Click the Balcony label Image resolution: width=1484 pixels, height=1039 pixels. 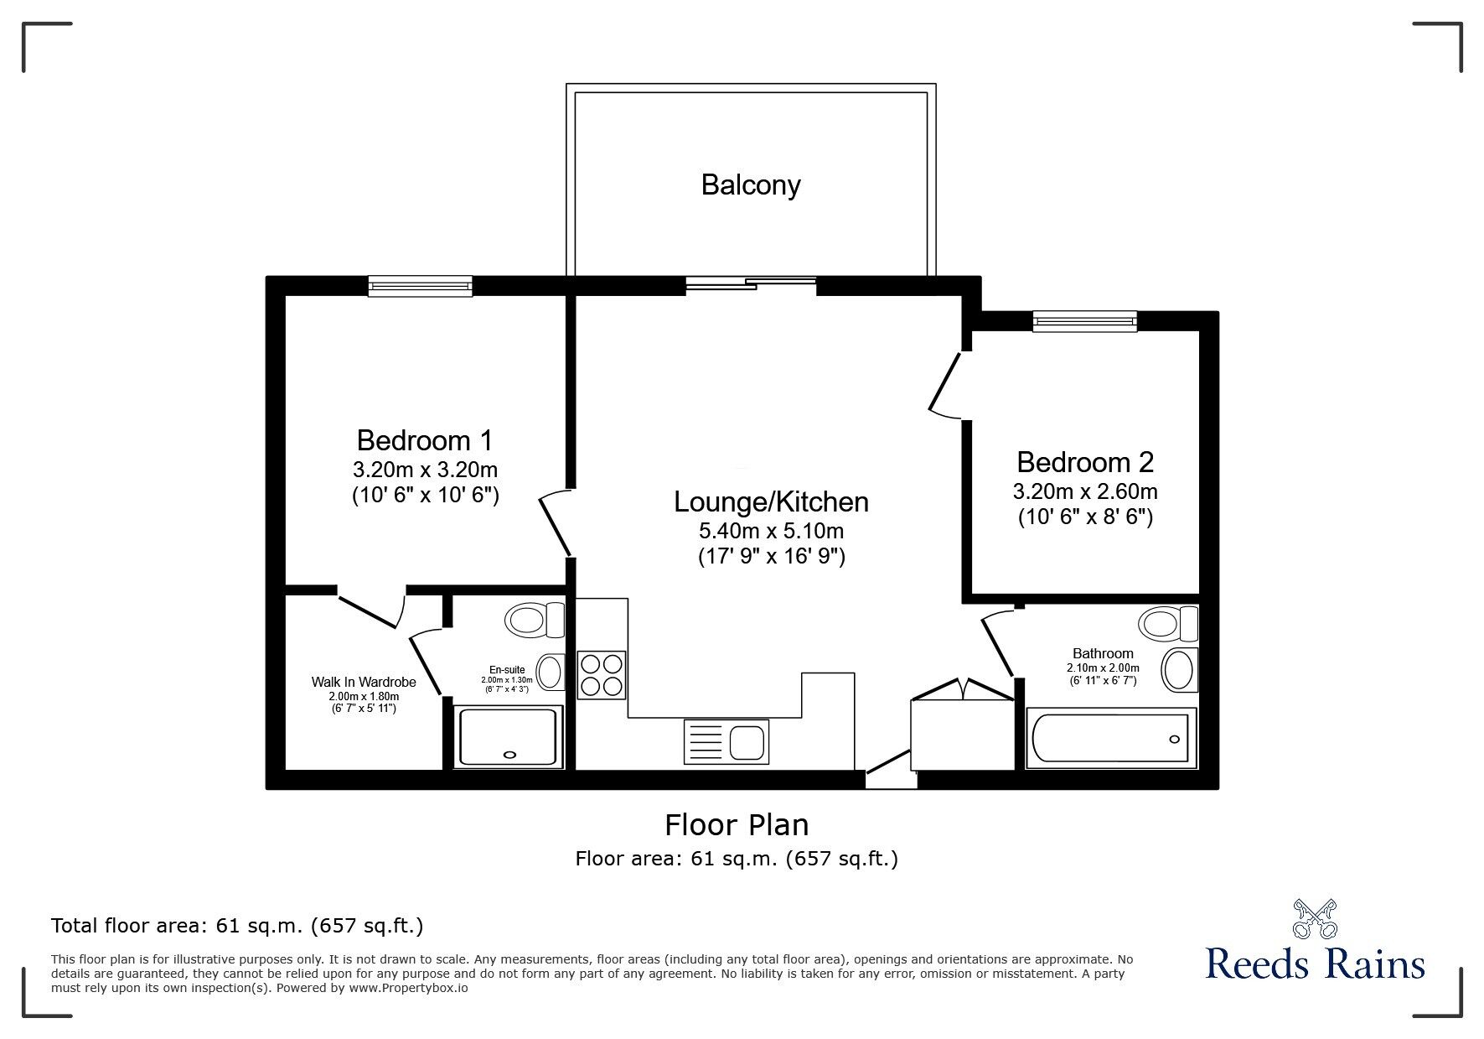click(751, 184)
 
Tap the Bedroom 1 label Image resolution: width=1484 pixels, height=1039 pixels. click(425, 440)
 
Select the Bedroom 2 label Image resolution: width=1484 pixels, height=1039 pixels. click(1085, 462)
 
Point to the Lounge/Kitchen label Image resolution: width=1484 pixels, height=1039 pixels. click(771, 501)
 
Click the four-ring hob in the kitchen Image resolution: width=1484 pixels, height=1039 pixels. click(601, 674)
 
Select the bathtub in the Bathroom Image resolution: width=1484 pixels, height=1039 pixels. click(1112, 739)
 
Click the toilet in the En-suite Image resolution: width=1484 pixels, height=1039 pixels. click(535, 621)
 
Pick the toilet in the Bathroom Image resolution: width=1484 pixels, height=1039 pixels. click(1168, 624)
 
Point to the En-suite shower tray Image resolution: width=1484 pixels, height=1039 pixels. click(509, 736)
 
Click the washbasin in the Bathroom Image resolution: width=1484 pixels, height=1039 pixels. click(1179, 668)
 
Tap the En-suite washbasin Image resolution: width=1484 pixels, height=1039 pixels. click(550, 672)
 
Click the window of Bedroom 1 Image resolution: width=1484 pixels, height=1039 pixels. click(420, 286)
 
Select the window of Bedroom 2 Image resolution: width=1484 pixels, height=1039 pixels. click(1085, 321)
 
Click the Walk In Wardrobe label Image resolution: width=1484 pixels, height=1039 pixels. click(364, 683)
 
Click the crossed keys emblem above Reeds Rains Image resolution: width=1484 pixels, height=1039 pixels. click(1315, 918)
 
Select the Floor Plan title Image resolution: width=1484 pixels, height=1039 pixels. click(737, 825)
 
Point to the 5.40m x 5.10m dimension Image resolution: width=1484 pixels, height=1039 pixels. click(771, 531)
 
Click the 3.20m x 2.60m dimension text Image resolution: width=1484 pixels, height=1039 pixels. click(1085, 491)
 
